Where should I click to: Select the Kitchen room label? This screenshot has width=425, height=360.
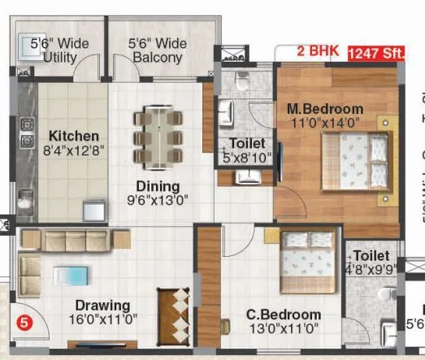click(x=73, y=136)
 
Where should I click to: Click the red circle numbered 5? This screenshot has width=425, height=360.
click(x=24, y=322)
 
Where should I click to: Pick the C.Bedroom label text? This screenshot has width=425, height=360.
click(x=284, y=314)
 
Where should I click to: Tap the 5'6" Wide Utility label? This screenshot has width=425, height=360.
click(x=59, y=50)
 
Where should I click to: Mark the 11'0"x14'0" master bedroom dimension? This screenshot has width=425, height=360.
click(x=324, y=124)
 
